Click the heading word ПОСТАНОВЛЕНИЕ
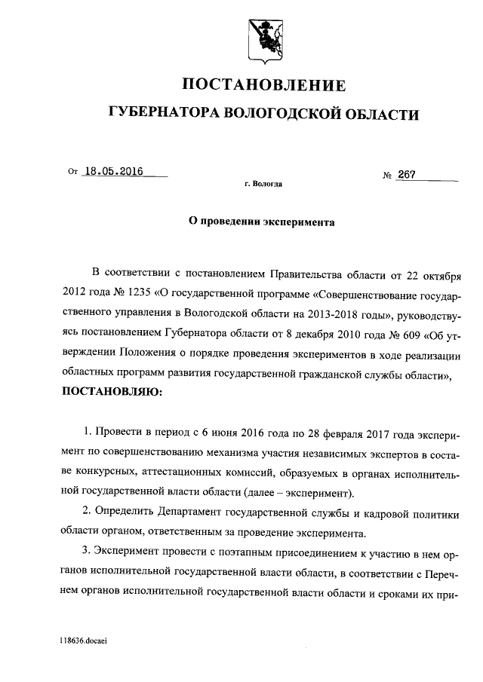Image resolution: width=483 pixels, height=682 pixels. point(264,84)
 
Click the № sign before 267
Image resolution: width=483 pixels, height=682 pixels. point(388,176)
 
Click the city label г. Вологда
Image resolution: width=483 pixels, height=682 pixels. point(263,183)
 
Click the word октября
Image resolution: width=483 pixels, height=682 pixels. point(441,271)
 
